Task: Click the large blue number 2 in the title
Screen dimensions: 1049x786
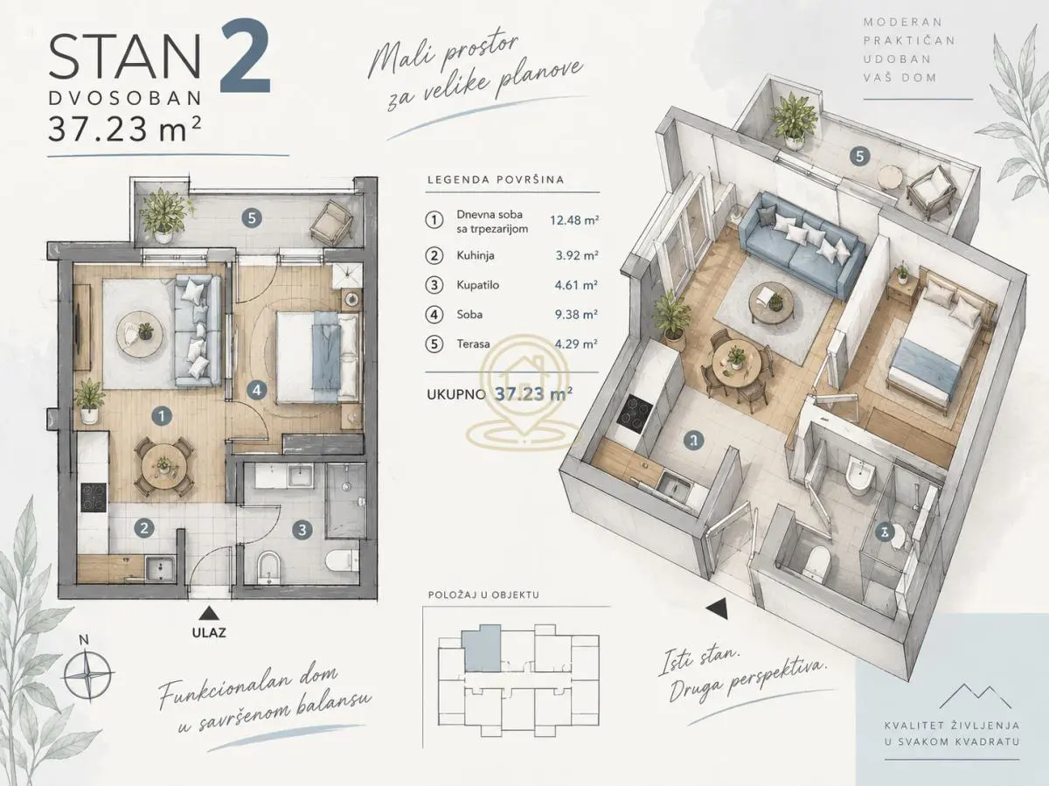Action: point(246,56)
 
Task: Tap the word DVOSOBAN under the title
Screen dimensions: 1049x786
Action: point(125,99)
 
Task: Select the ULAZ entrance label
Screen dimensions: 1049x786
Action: point(209,633)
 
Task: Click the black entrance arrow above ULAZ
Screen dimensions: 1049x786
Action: point(207,614)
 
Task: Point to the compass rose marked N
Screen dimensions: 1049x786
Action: point(88,674)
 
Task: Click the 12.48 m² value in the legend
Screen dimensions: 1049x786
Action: point(574,220)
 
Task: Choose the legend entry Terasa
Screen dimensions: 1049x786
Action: point(473,344)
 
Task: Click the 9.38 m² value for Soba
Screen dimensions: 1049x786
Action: point(576,315)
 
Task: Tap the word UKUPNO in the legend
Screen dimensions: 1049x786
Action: point(456,394)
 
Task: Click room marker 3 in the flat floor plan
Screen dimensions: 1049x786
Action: point(302,530)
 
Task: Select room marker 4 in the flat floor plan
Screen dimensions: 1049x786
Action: point(257,390)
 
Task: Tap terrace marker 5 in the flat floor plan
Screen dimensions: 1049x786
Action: point(252,219)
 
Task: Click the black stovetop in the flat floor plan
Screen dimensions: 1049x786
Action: point(94,497)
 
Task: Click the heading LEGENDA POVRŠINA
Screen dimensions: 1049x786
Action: point(496,180)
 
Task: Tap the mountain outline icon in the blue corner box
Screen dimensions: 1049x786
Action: point(976,696)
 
